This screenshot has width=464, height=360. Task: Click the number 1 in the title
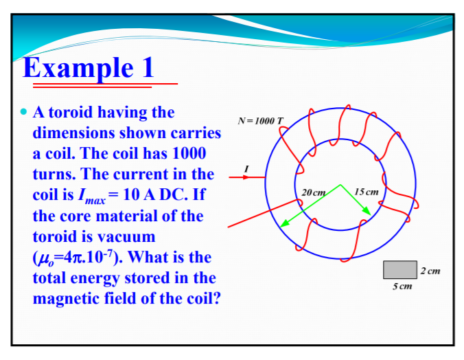[146, 68]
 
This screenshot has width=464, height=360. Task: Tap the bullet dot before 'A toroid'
[24, 111]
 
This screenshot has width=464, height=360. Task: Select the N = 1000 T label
[259, 121]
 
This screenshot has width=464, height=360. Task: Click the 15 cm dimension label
[367, 190]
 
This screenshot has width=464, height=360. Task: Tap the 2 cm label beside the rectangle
[430, 271]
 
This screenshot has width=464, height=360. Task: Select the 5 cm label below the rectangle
[402, 286]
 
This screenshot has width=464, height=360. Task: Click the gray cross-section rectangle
[401, 270]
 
